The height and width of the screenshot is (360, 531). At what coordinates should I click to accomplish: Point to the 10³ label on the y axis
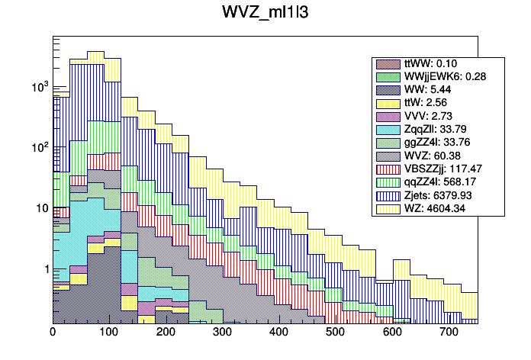pos(38,87)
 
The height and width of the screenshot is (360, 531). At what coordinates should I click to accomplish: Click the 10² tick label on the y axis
pos(38,147)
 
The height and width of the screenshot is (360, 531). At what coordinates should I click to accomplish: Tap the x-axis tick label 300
pos(222,333)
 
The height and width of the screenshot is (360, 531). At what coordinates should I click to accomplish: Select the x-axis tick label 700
pos(449,333)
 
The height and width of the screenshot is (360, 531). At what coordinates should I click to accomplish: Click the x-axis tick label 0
pos(53,333)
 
